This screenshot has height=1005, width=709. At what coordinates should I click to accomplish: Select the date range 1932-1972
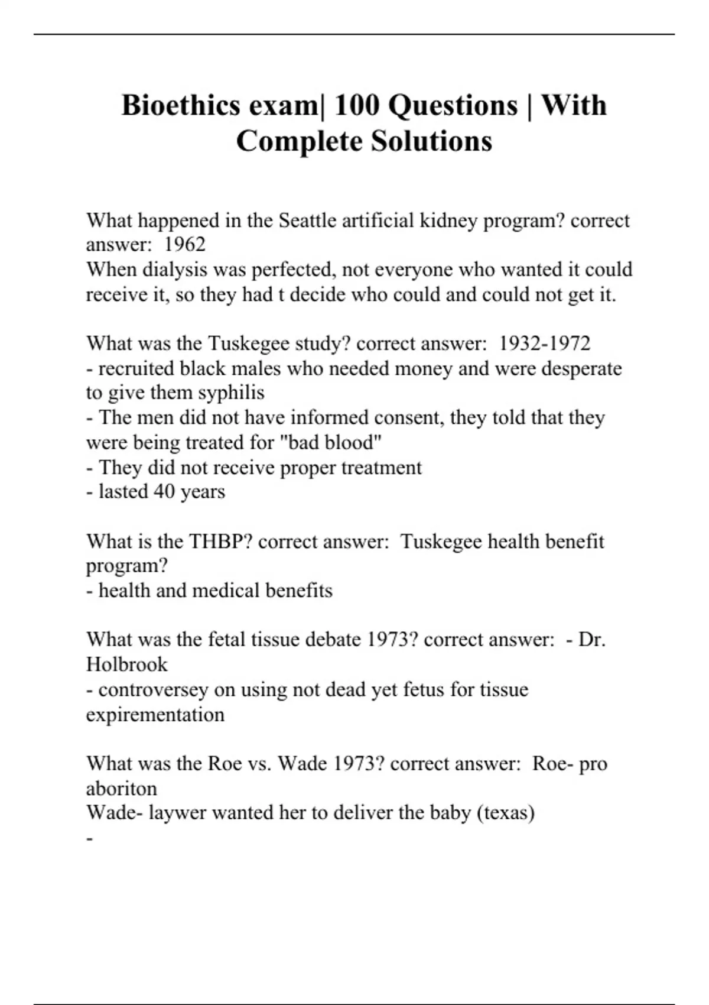[544, 343]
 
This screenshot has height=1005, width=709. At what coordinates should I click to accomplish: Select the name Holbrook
[126, 664]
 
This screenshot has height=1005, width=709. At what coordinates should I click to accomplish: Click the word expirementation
[155, 715]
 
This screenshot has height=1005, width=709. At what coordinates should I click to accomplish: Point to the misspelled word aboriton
[121, 789]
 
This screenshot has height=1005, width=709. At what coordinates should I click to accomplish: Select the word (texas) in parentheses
[505, 813]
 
